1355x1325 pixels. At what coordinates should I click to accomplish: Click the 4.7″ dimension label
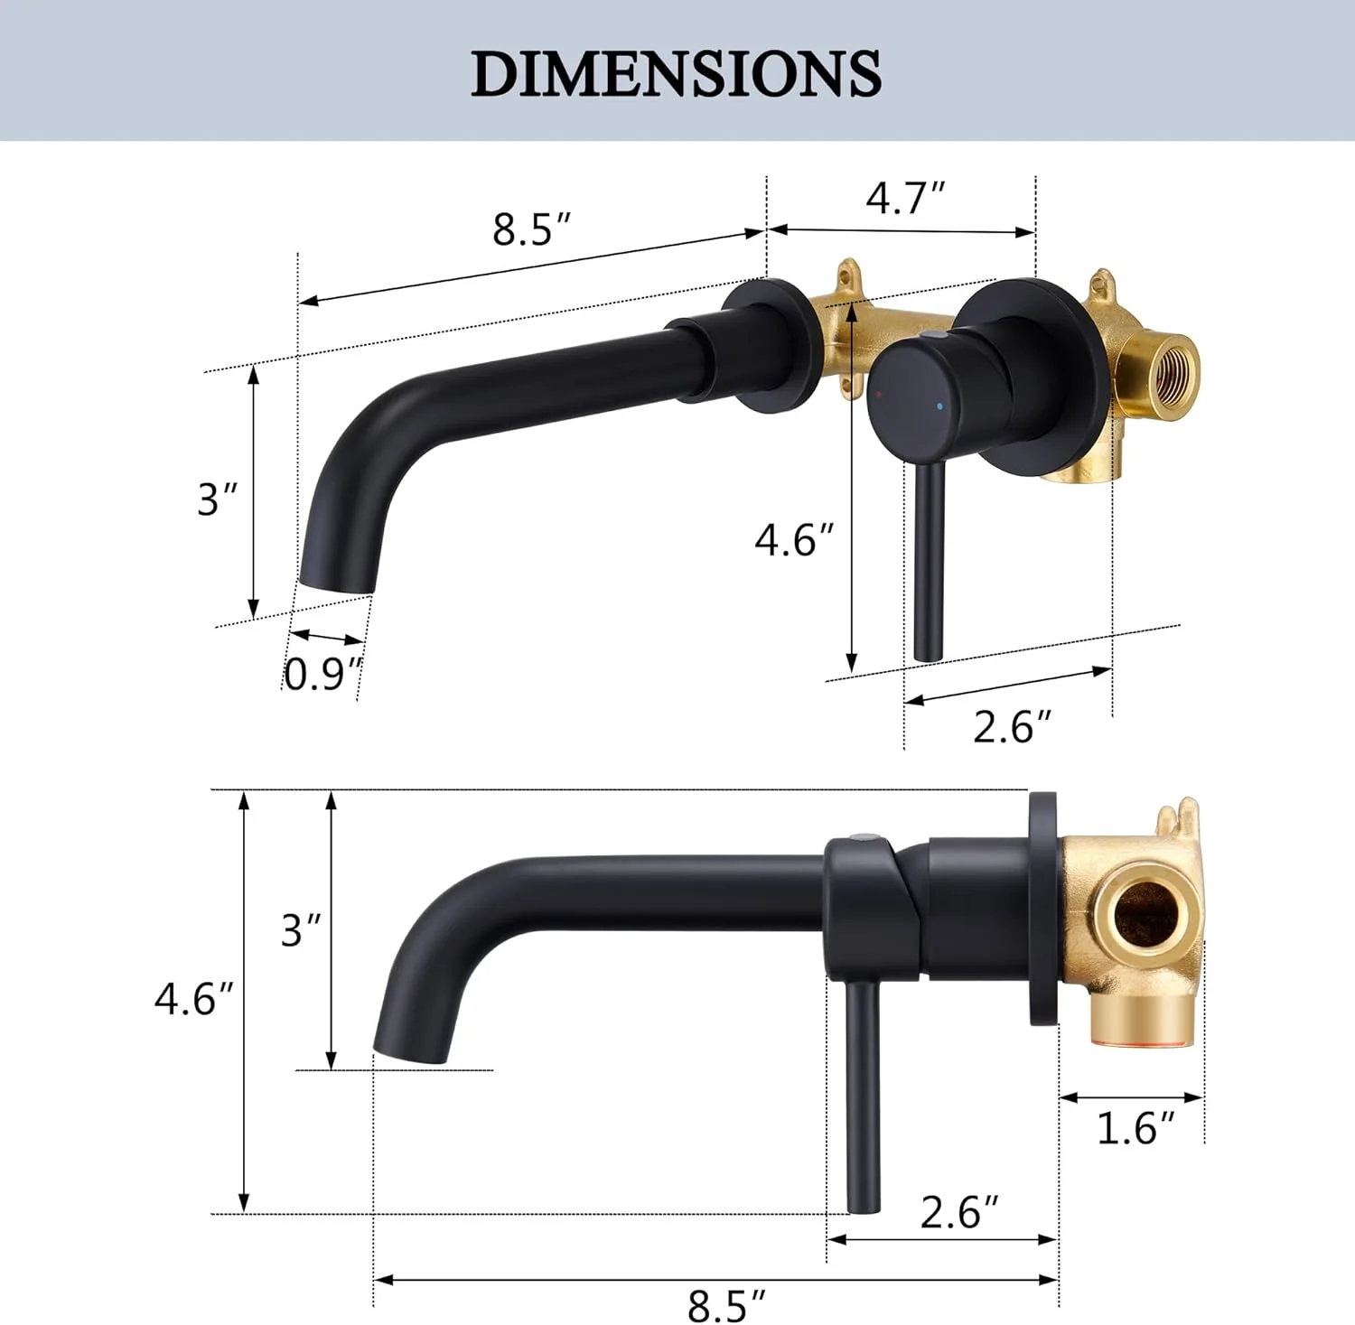[905, 198]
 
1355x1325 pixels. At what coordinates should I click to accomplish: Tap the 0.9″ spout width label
[323, 674]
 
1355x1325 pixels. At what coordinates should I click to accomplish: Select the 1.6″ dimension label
[1135, 1128]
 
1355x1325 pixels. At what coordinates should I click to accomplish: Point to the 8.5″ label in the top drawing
[532, 229]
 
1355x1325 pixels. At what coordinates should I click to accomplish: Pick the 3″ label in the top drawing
[218, 499]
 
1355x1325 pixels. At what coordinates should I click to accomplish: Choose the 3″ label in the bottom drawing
[301, 930]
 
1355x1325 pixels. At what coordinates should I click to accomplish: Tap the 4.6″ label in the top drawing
[795, 540]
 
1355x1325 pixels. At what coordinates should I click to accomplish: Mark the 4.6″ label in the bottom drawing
[193, 999]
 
